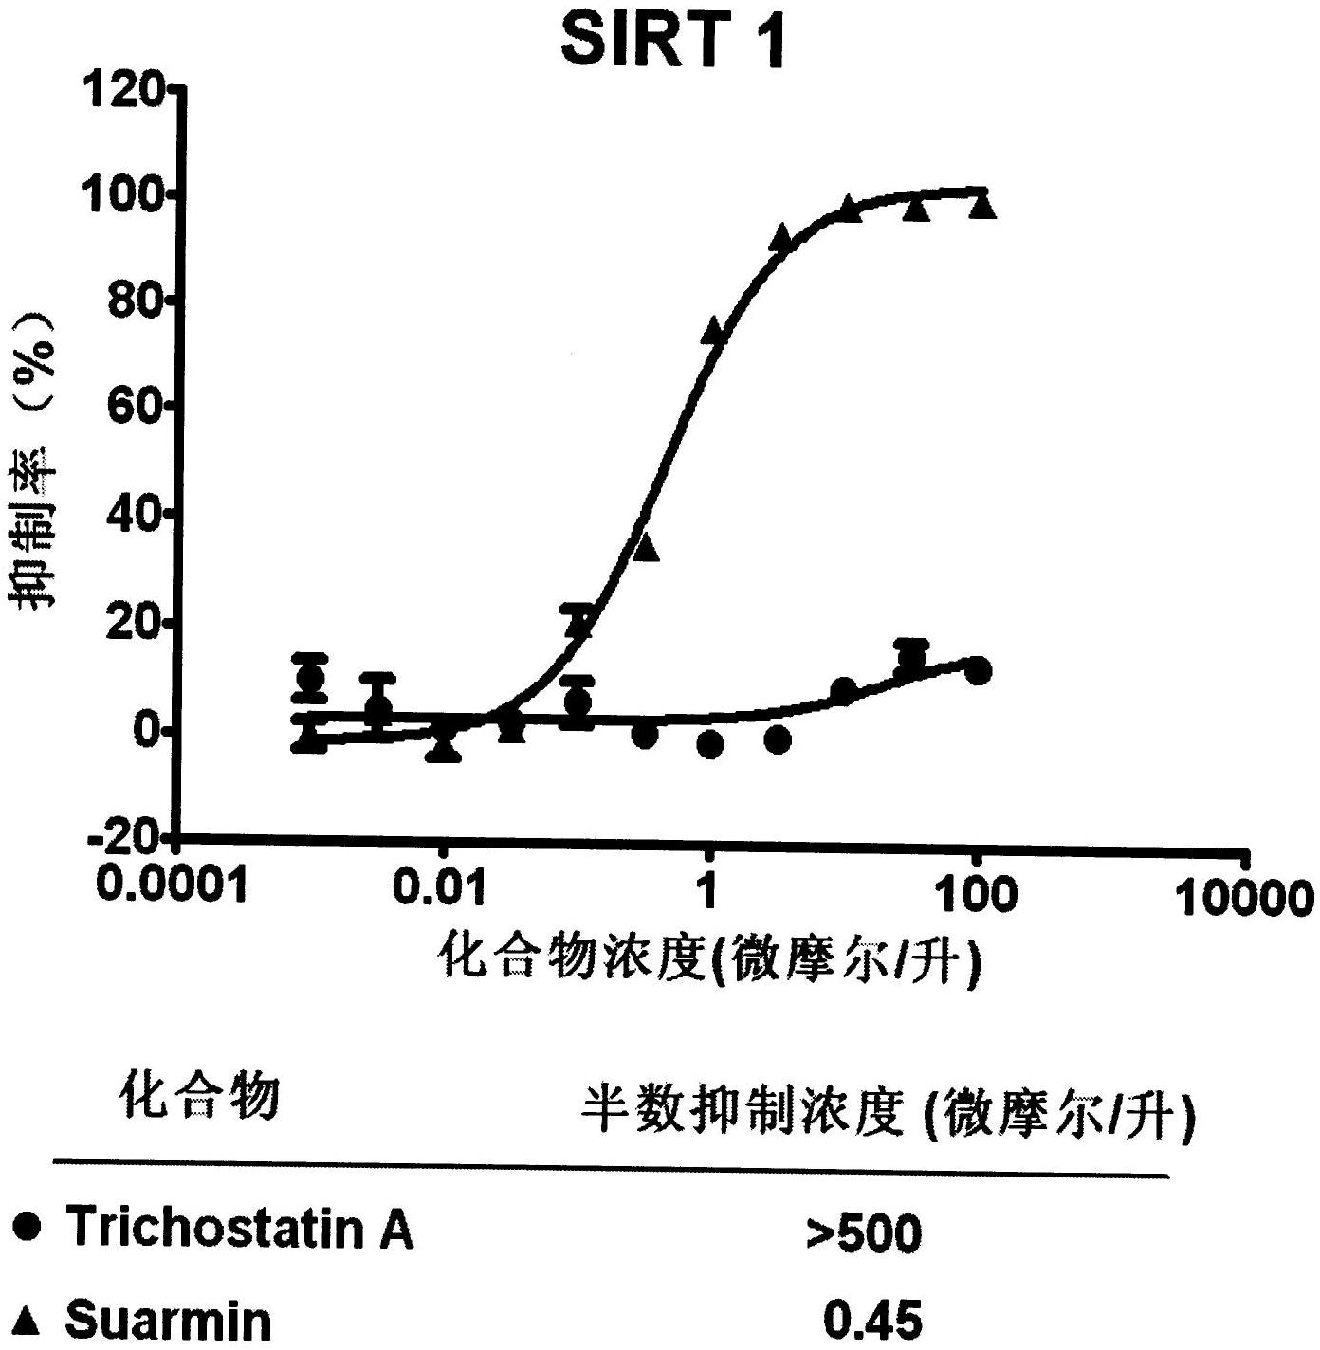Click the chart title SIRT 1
tap(673, 42)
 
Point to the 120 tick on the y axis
tap(123, 92)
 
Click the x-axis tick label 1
tap(706, 892)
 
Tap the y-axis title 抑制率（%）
tap(36, 463)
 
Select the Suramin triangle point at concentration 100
tap(982, 204)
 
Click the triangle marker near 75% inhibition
tap(714, 330)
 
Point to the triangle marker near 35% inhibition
tap(646, 547)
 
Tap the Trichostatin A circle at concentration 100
tap(979, 671)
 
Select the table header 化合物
tap(199, 1098)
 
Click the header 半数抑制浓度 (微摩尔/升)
tap(887, 1111)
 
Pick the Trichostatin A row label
tap(239, 1228)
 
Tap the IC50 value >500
tap(863, 1233)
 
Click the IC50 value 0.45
tap(871, 1320)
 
